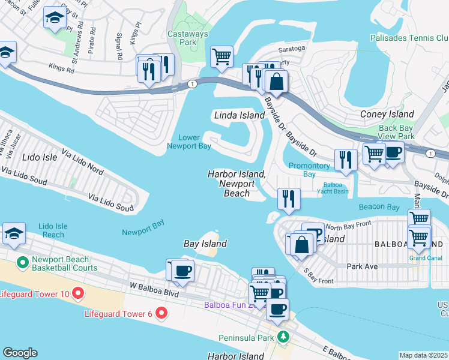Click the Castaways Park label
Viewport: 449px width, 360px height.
[x=187, y=39]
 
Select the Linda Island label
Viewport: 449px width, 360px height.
[x=240, y=115]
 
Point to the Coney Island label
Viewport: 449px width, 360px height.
[x=387, y=114]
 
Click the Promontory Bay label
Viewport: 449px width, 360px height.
[x=310, y=170]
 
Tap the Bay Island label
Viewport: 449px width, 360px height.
[x=205, y=244]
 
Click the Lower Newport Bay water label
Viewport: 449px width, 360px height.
[x=188, y=142]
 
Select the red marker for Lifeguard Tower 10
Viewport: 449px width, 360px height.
[x=77, y=293]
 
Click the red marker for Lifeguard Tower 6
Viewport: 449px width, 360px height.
[x=160, y=313]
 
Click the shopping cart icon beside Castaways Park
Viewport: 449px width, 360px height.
[x=221, y=57]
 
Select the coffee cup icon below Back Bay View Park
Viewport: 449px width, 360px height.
[x=394, y=153]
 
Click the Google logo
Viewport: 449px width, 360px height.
[x=20, y=352]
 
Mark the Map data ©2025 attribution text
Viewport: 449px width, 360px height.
[x=423, y=355]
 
